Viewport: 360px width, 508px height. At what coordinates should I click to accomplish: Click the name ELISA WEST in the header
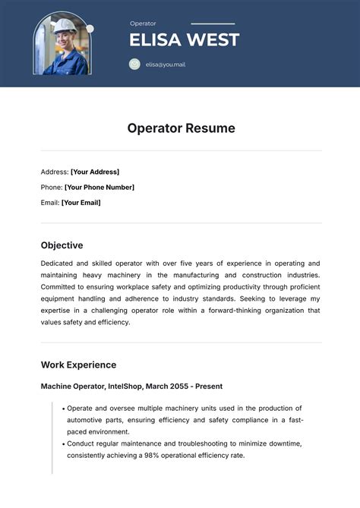185,39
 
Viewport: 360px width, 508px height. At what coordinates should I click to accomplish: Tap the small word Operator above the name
143,24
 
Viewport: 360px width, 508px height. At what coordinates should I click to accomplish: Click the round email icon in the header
134,65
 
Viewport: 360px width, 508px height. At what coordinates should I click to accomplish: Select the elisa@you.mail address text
166,65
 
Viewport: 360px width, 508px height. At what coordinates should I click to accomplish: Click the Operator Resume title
181,128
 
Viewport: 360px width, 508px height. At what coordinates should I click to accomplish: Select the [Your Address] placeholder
95,172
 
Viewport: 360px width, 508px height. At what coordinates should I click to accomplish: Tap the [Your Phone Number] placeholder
99,187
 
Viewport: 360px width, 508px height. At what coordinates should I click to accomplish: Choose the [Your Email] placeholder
81,203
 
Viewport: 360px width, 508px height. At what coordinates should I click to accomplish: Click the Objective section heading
62,245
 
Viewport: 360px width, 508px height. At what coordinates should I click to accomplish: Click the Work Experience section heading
78,364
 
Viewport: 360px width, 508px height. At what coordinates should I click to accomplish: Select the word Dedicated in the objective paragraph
58,263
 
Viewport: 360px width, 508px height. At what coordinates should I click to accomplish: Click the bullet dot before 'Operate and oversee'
63,409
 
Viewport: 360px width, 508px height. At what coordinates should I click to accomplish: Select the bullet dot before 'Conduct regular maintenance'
63,443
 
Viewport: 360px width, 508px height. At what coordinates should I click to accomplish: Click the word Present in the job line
209,387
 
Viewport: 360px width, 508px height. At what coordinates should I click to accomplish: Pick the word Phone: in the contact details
52,187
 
